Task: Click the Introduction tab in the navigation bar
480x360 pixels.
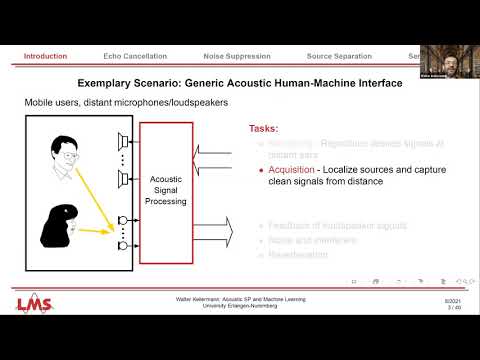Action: coord(45,56)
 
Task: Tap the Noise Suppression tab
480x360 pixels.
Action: coord(235,56)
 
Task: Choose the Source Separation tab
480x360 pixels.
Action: coord(339,56)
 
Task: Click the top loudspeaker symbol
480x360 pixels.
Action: coord(124,138)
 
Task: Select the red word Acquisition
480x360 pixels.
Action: coord(290,172)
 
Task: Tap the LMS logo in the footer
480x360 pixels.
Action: coord(32,303)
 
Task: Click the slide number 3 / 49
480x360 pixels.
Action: coord(454,307)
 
